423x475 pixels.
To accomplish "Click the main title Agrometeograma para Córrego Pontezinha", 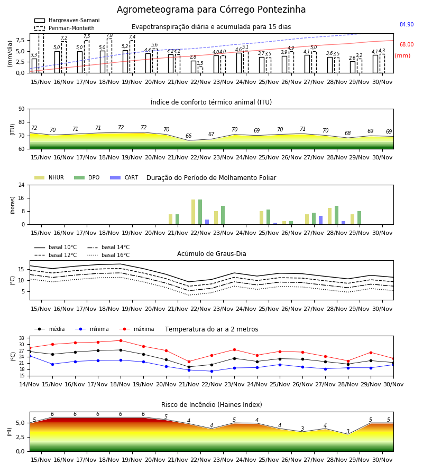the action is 211,9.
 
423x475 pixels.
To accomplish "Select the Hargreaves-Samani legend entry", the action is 67,20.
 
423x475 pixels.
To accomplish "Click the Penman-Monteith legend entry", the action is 65,28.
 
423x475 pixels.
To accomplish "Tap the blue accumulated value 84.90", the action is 407,24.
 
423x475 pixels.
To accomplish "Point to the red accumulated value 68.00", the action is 407,44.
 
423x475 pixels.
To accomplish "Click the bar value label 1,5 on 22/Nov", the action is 200,63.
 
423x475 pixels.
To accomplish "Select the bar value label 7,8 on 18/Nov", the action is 109,35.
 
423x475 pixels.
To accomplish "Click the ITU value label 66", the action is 188,136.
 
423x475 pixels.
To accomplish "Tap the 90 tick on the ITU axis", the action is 22,109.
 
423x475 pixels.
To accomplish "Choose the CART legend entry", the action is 124,177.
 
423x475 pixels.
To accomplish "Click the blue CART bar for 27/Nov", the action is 321,220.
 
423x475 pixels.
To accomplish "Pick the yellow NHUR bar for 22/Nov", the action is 194,212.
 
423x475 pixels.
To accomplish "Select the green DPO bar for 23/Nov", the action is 223,215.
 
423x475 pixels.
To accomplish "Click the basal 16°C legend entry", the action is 108,255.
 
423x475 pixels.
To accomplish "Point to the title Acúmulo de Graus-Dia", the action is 212,253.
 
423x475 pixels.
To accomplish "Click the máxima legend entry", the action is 137,329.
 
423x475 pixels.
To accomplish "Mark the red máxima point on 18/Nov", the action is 121,340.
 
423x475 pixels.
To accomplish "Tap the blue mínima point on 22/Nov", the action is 212,371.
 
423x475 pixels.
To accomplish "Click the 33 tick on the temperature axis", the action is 22,338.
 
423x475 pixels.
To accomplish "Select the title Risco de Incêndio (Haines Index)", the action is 212,404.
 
